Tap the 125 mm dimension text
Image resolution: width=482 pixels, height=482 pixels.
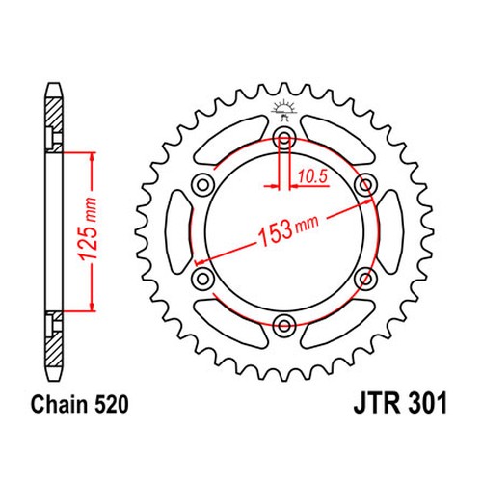tap(88, 229)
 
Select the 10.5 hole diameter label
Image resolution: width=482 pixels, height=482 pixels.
tap(312, 176)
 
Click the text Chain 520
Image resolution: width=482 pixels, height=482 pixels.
tap(79, 404)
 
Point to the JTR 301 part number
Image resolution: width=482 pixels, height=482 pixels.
tap(400, 404)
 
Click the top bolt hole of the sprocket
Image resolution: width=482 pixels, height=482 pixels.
tap(284, 138)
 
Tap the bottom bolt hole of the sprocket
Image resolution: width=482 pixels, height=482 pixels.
tap(284, 325)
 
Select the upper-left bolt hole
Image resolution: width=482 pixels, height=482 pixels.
tap(202, 185)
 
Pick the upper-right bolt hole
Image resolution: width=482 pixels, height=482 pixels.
tap(365, 185)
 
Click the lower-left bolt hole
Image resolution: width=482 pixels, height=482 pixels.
tap(202, 279)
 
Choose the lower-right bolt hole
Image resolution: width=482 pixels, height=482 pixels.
tap(365, 279)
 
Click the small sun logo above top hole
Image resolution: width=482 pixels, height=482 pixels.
tap(283, 110)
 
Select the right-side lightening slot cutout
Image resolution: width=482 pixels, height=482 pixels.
tap(390, 231)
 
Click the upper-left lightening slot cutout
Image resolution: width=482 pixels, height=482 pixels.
tap(230, 140)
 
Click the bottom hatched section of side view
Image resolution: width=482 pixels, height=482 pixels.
tap(53, 338)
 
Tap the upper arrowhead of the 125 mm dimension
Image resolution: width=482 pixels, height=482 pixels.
tap(92, 158)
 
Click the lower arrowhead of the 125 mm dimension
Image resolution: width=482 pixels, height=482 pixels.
tap(92, 306)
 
